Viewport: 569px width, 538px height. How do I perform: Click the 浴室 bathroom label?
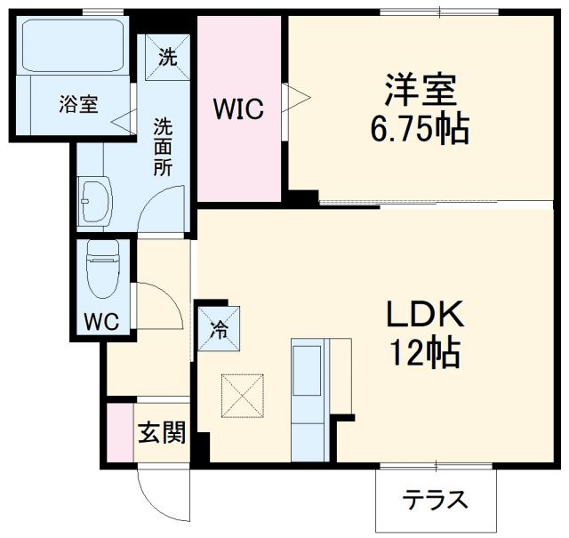[x=78, y=105]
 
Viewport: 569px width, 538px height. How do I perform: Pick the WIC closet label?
[x=237, y=109]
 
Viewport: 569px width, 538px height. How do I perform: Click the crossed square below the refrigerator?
[x=242, y=394]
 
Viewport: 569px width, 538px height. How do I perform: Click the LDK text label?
[x=422, y=316]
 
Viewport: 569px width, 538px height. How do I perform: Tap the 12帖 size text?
[x=422, y=353]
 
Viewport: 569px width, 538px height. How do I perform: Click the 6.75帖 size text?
[x=420, y=131]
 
